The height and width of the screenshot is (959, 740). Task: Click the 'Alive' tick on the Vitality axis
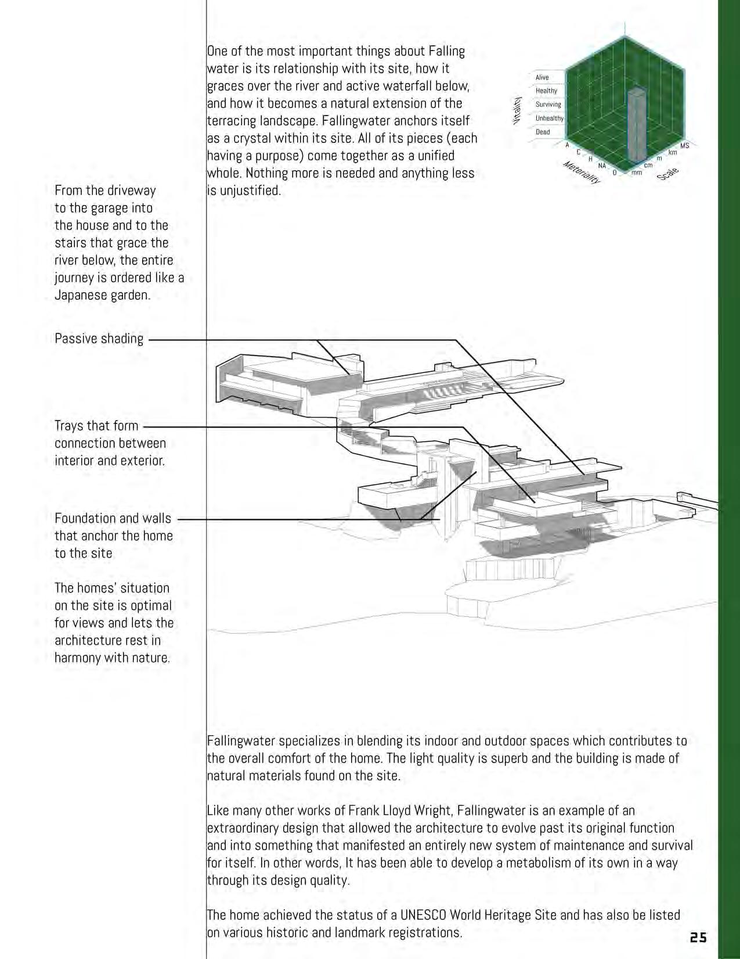(542, 77)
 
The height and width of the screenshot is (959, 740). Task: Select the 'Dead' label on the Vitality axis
(543, 132)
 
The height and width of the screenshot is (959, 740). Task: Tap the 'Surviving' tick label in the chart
(548, 105)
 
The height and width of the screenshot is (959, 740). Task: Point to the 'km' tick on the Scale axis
(672, 153)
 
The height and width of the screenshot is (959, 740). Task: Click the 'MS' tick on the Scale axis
(684, 145)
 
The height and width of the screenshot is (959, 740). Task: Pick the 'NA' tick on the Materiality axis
(602, 166)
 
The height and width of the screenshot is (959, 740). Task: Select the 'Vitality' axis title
(516, 110)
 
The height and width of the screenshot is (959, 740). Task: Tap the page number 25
(698, 938)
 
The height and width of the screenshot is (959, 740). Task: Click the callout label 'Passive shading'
(99, 339)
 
